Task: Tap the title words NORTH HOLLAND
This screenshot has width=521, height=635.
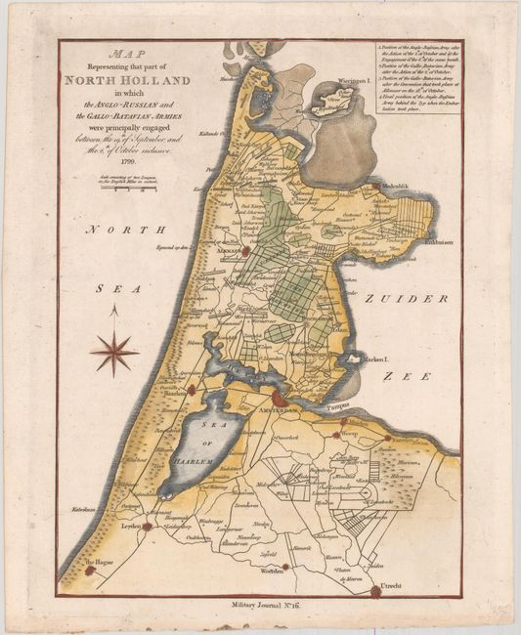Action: tap(127, 80)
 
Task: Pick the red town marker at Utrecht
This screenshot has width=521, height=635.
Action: tap(375, 589)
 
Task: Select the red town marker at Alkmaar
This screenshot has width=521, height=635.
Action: tap(246, 250)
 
